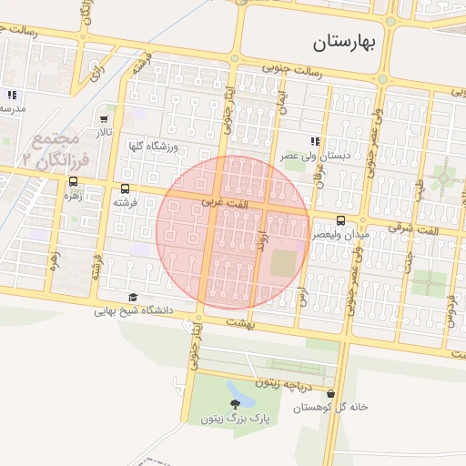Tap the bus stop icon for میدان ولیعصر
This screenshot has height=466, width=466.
click(x=341, y=220)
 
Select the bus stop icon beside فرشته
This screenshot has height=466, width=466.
click(x=125, y=188)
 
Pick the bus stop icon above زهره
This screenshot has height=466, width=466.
click(x=73, y=180)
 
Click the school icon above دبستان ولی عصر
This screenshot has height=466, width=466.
click(x=315, y=141)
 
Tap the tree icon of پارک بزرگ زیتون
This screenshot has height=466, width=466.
click(x=238, y=400)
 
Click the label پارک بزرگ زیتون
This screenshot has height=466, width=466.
click(x=237, y=420)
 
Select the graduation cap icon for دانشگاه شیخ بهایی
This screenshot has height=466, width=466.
click(x=133, y=297)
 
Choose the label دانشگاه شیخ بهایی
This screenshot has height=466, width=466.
click(x=133, y=311)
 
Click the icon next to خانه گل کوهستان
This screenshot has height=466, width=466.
click(x=329, y=394)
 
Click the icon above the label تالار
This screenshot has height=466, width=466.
click(x=105, y=118)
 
